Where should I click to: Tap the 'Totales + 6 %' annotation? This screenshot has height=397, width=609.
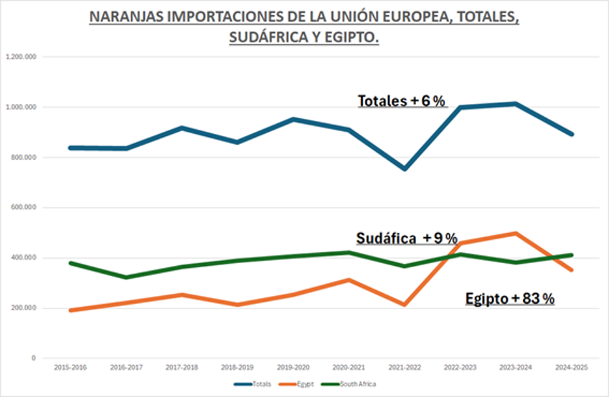pyautogui.click(x=402, y=101)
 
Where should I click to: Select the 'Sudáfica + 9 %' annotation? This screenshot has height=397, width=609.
pyautogui.click(x=406, y=238)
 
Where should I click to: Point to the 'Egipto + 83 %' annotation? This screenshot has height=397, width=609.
pyautogui.click(x=509, y=299)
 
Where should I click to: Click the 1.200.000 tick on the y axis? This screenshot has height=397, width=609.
pyautogui.click(x=22, y=57)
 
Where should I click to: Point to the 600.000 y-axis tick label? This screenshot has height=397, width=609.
pyautogui.click(x=24, y=208)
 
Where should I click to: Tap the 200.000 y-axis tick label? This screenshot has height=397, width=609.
pyautogui.click(x=24, y=308)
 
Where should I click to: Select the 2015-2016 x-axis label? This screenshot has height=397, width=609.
pyautogui.click(x=69, y=367)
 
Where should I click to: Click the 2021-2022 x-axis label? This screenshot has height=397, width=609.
pyautogui.click(x=405, y=367)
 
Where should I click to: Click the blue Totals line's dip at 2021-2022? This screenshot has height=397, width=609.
pyautogui.click(x=405, y=169)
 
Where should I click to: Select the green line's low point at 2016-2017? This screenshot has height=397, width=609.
pyautogui.click(x=126, y=277)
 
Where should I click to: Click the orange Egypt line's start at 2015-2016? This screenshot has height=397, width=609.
pyautogui.click(x=70, y=310)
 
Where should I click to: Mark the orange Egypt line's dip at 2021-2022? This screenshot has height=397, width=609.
pyautogui.click(x=405, y=305)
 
